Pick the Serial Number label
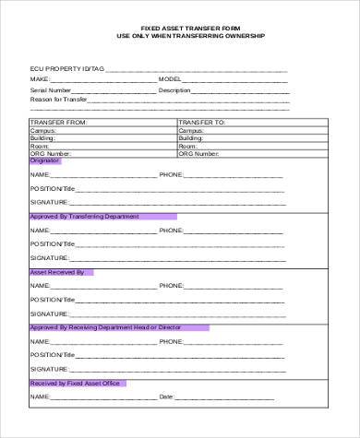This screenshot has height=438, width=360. pos(50,90)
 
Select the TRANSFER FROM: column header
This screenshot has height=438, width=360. pos(59,122)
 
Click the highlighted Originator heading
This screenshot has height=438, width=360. pos(44,160)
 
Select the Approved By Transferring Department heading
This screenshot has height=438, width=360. pos(84,216)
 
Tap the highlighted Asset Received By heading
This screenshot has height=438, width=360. pos(57,272)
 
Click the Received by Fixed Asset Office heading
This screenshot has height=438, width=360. pos(75,383)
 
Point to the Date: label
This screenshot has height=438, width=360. pos(167,397)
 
